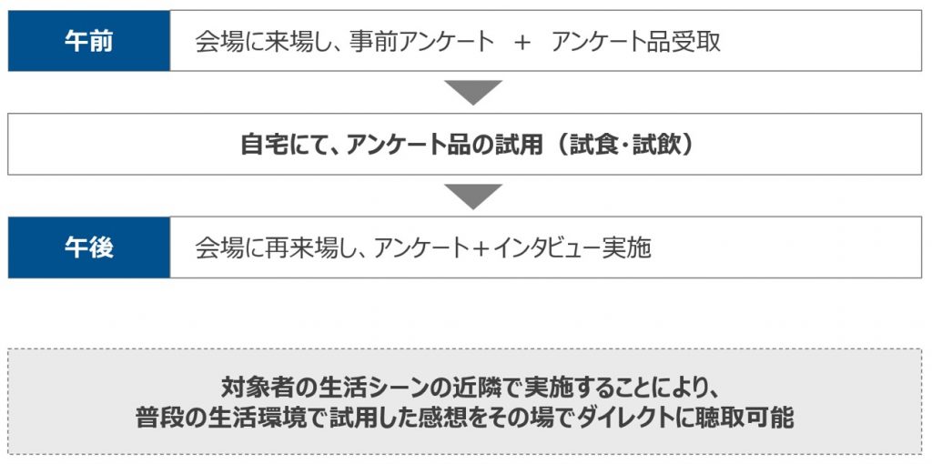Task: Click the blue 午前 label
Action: [x=89, y=41]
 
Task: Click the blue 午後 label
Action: [x=89, y=247]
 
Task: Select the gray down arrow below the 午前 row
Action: [x=473, y=93]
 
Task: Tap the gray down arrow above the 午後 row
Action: [x=473, y=197]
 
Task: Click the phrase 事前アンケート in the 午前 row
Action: [x=421, y=42]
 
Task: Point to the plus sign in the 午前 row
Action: [x=522, y=43]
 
